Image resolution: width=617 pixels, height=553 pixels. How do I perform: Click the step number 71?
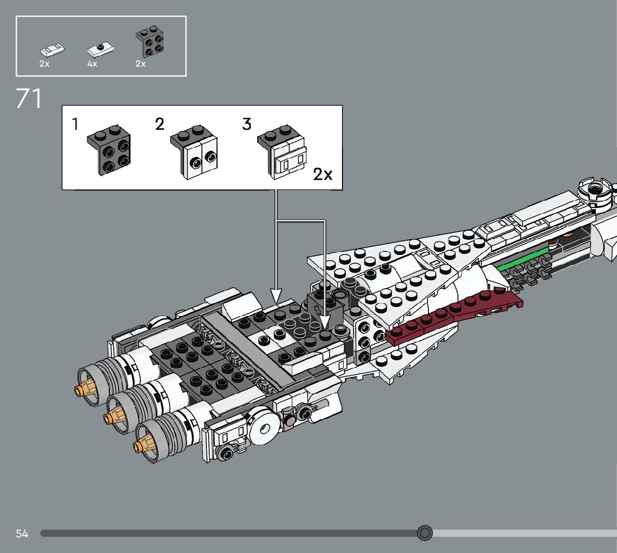point(29,99)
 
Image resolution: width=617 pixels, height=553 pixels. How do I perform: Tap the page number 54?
point(22,533)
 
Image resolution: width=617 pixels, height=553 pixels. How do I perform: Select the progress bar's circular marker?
point(425,533)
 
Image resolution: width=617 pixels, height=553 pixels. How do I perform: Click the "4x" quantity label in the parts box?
point(92,64)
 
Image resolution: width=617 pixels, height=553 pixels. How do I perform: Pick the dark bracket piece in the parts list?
point(150,42)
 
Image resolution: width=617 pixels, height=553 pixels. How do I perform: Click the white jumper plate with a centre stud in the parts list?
point(100,50)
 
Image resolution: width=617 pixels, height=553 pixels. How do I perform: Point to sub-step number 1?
point(75,124)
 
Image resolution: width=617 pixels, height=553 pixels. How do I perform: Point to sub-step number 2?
point(160,124)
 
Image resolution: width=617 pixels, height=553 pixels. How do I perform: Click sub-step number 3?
point(247,124)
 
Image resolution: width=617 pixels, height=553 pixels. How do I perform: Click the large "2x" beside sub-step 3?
point(322,174)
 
